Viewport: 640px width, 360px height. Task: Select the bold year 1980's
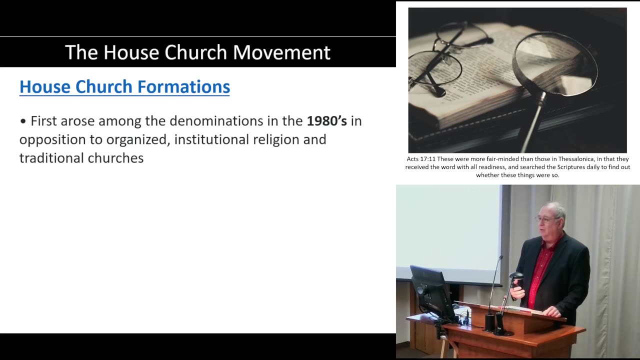[x=326, y=121]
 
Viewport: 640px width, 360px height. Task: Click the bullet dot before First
[x=23, y=121]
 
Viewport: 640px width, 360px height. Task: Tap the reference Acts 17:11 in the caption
[x=420, y=159]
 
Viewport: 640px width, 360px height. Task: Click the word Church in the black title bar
[x=197, y=52]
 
